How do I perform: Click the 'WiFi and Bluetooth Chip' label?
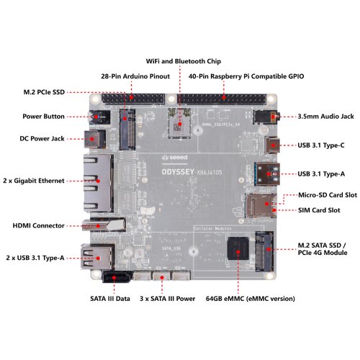tap(184, 61)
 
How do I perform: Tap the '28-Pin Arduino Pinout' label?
tap(135, 76)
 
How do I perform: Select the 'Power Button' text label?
tap(43, 117)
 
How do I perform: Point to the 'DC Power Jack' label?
tap(42, 138)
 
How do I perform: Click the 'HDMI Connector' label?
tap(38, 225)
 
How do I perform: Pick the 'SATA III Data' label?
tap(110, 299)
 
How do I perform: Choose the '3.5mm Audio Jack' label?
tap(325, 117)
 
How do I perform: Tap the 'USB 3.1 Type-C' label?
tap(321, 145)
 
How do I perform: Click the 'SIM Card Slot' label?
tap(319, 210)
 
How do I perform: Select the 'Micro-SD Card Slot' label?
tap(328, 195)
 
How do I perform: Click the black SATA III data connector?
tap(117, 277)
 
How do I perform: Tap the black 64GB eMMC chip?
tap(238, 248)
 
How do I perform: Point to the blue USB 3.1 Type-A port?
tap(267, 174)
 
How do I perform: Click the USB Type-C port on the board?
tap(272, 145)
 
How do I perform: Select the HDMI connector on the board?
tap(104, 225)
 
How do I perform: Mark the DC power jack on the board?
tap(95, 139)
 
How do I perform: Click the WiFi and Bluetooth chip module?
tap(179, 123)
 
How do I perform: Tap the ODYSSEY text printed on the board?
tap(178, 172)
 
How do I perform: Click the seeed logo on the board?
tap(174, 158)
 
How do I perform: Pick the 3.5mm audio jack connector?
tap(265, 117)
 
